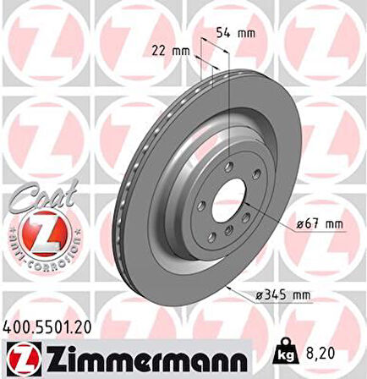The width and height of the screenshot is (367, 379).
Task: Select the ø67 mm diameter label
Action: tap(322, 224)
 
